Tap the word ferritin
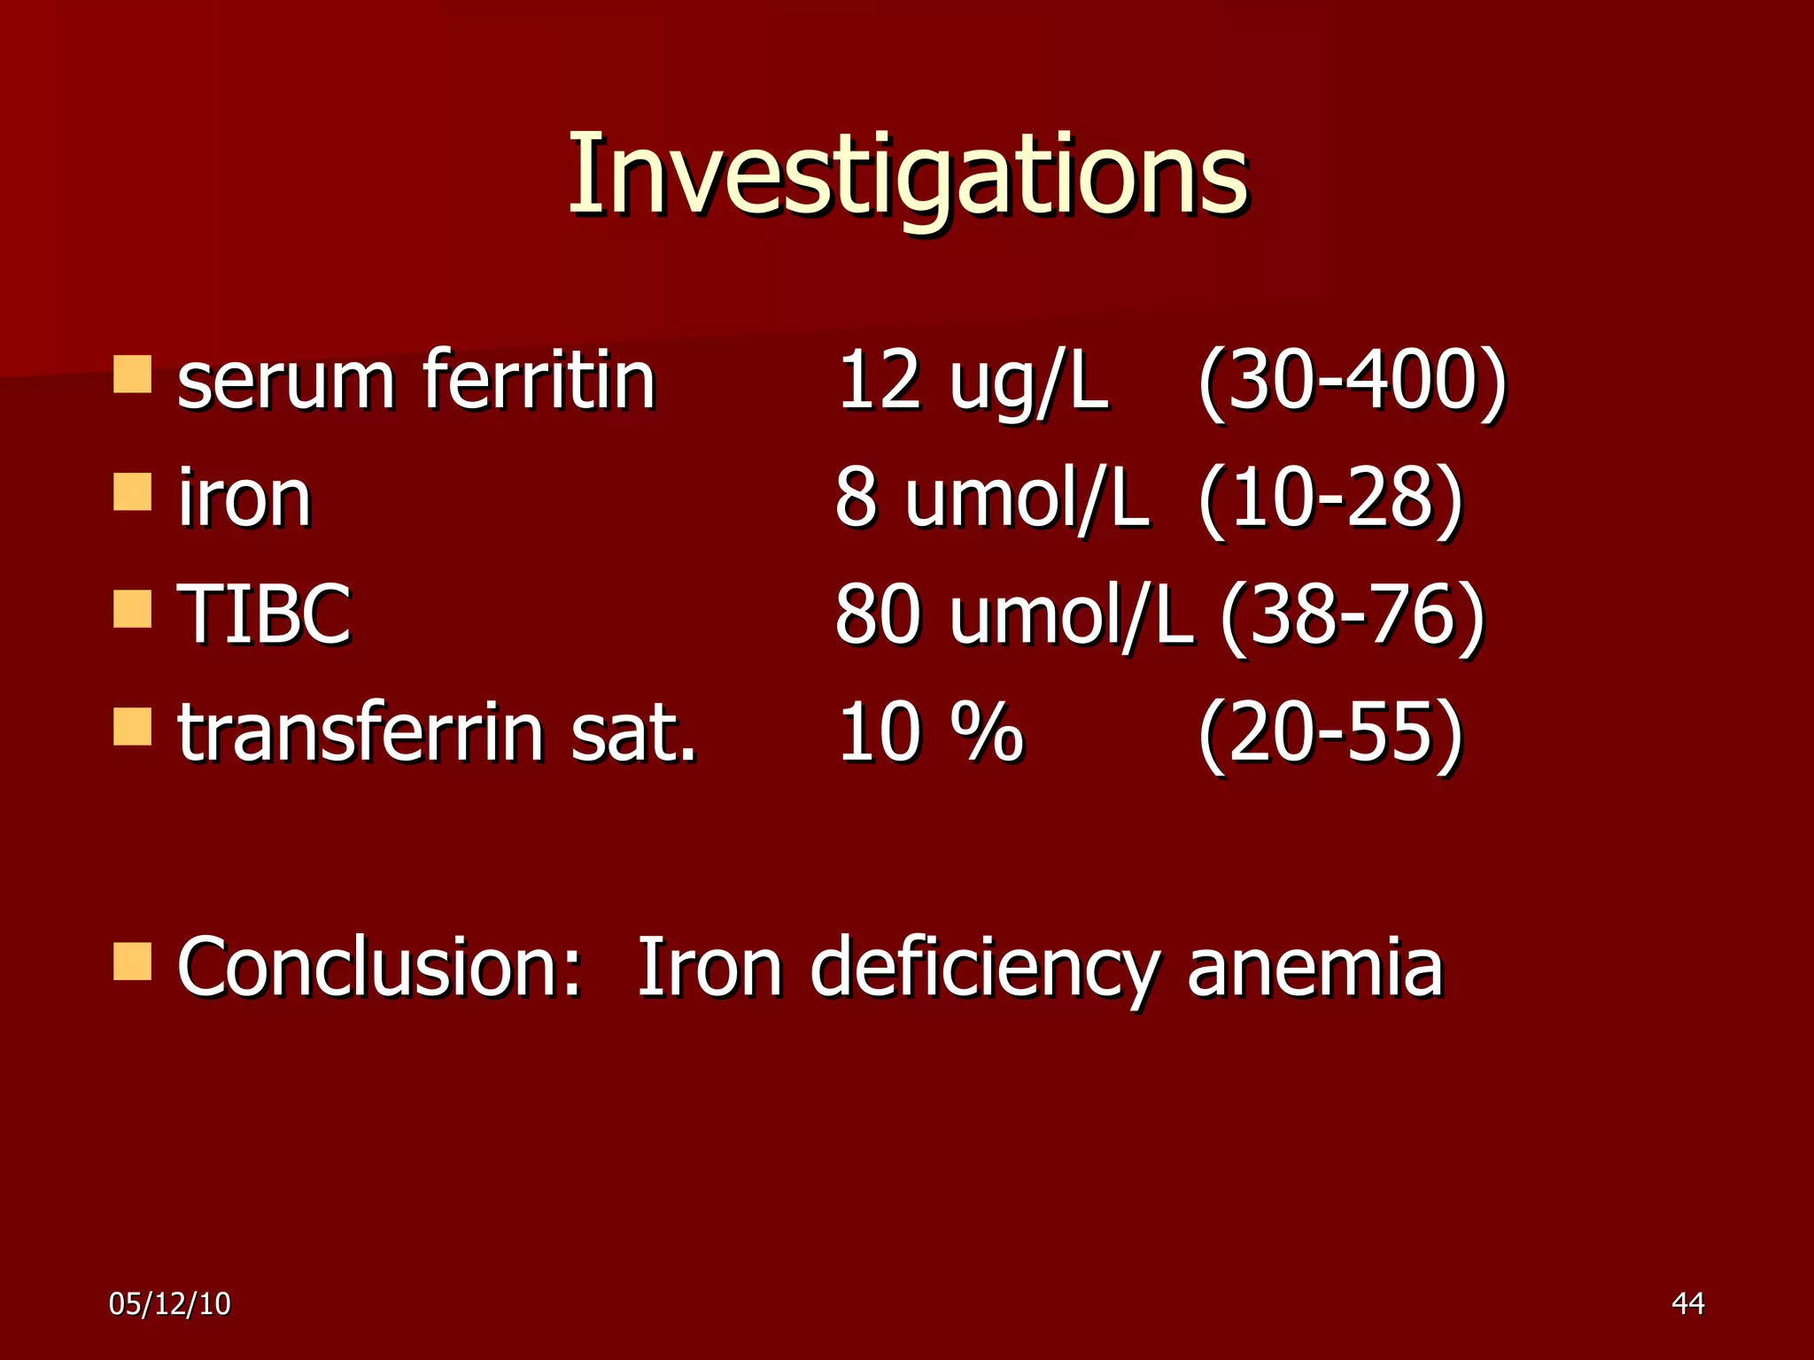pos(539,381)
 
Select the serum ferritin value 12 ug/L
pos(972,381)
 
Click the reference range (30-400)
pos(1352,381)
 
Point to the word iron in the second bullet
pos(244,498)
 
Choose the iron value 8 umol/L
pos(992,498)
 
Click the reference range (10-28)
pos(1329,498)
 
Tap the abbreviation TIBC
pos(264,614)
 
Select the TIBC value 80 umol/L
pos(1013,614)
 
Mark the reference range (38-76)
pos(1352,614)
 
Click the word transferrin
pos(360,732)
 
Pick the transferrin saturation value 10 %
pos(930,732)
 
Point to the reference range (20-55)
pos(1329,732)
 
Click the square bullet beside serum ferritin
pos(133,374)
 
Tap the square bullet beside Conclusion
pos(133,961)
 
